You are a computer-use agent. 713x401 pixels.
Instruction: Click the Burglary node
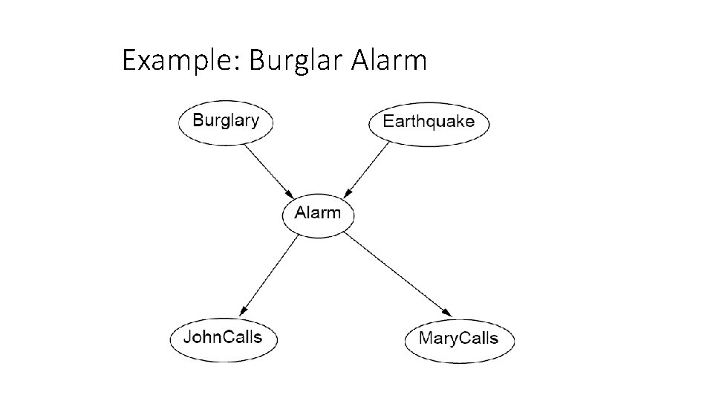tap(226, 121)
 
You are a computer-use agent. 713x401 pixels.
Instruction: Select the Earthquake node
tap(429, 122)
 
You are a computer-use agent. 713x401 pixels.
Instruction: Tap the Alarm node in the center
tap(318, 213)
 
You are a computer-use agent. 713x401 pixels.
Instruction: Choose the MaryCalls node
tap(459, 339)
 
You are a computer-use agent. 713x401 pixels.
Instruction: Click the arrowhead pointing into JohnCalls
tap(243, 310)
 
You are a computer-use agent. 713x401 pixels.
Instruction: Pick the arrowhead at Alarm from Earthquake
tap(348, 192)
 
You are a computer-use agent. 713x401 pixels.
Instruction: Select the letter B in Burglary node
tap(198, 120)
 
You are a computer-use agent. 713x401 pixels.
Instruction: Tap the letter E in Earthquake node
tap(388, 121)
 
